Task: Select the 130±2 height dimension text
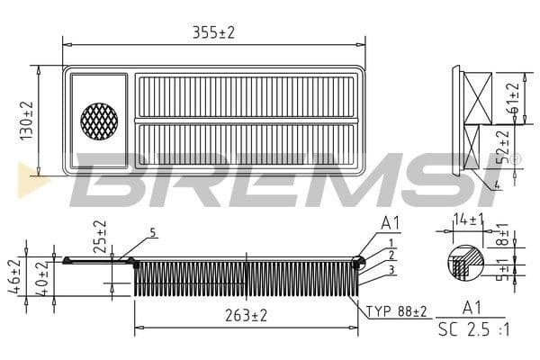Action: [x=27, y=119]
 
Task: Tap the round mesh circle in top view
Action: [x=99, y=120]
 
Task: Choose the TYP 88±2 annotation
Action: [x=397, y=310]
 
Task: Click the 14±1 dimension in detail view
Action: [x=467, y=219]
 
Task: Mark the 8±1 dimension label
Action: [x=504, y=237]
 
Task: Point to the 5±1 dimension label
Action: [x=504, y=268]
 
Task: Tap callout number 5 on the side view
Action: [x=153, y=232]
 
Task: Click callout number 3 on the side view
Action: [x=391, y=269]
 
